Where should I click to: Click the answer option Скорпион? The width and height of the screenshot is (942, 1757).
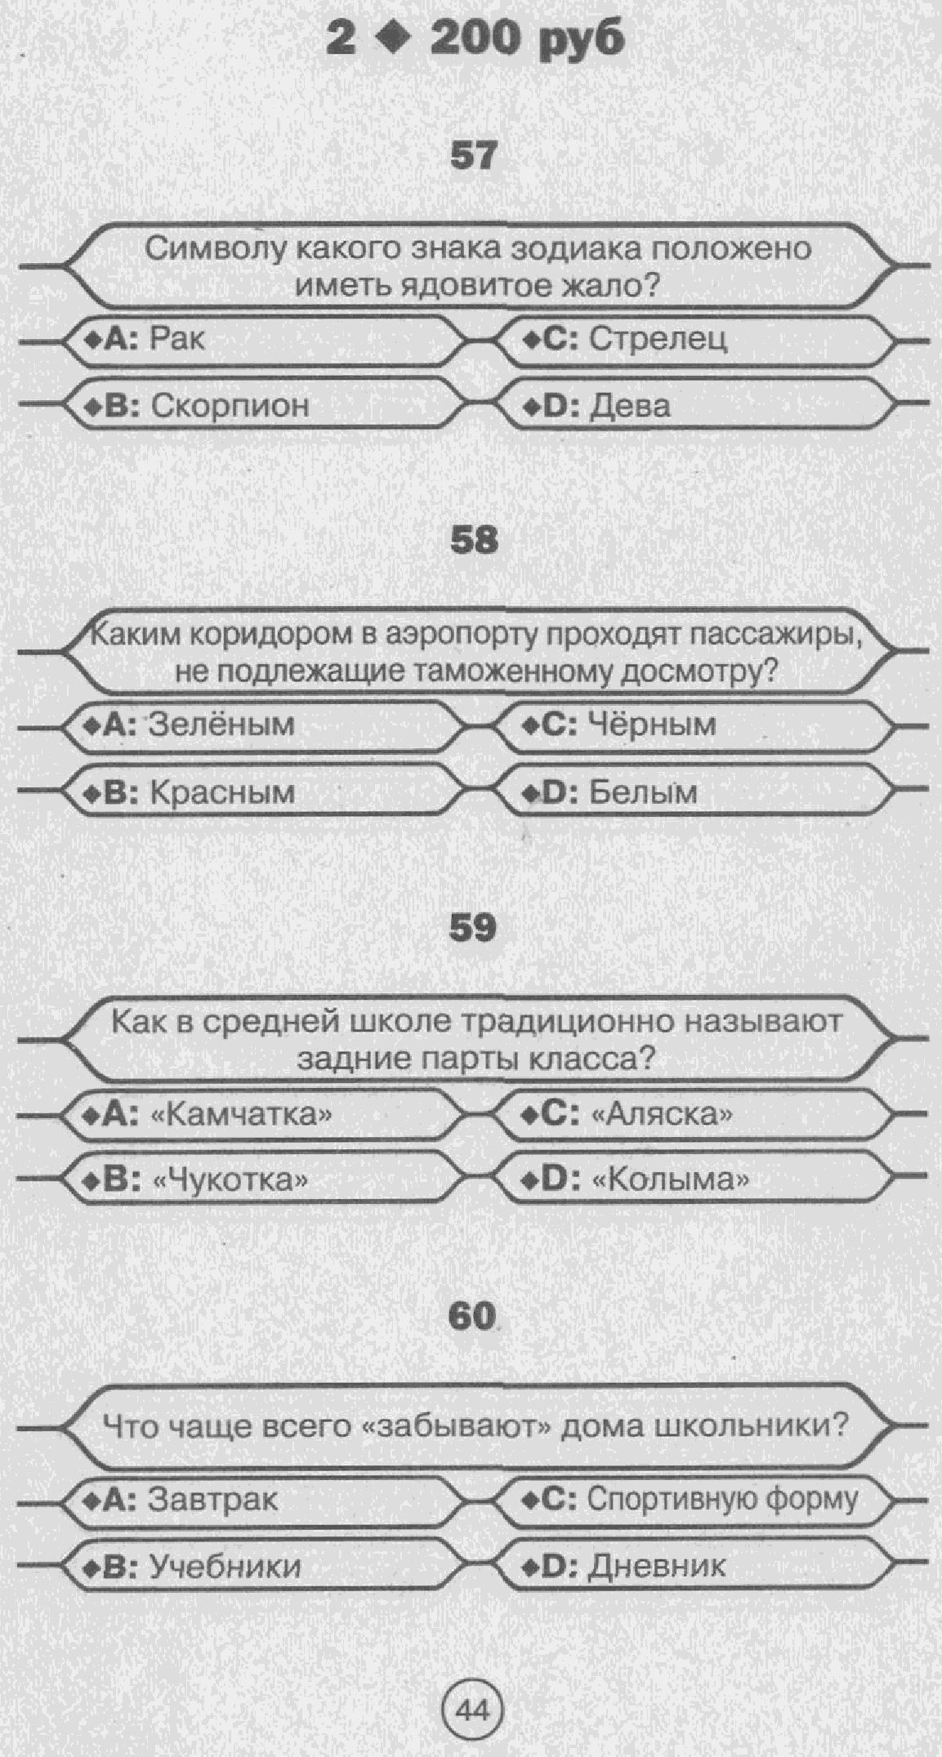pos(230,405)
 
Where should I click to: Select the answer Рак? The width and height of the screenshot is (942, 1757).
pos(177,338)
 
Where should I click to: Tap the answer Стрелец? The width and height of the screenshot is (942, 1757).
pos(658,338)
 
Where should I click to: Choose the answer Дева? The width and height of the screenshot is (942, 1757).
pos(629,405)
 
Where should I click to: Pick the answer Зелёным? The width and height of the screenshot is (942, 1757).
pos(221,724)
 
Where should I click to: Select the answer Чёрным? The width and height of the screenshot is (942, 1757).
pos(652,724)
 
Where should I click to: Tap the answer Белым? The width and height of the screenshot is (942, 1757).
pos(643,792)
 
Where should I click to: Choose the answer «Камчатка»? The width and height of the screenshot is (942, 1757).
pos(243,1113)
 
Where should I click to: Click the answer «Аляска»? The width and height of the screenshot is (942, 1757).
pos(661,1113)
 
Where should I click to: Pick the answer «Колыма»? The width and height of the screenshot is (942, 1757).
pos(668,1180)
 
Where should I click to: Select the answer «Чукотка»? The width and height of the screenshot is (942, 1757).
pos(230,1180)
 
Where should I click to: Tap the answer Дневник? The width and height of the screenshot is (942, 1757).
pos(657,1565)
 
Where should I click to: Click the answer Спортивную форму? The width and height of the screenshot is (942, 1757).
pos(722,1499)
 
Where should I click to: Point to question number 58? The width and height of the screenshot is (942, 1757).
pos(474,540)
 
